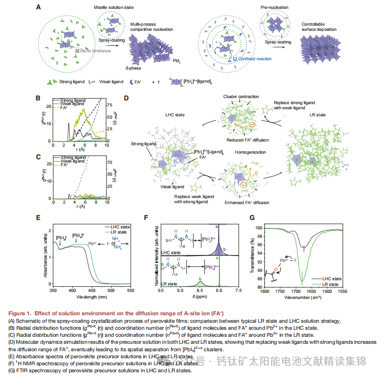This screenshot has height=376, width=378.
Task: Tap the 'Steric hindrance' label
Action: [x=95, y=50]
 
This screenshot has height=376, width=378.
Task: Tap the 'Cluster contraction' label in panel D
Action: [x=241, y=97]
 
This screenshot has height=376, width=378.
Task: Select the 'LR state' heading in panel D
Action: [x=317, y=114]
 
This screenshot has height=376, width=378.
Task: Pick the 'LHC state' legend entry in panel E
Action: [x=120, y=226]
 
